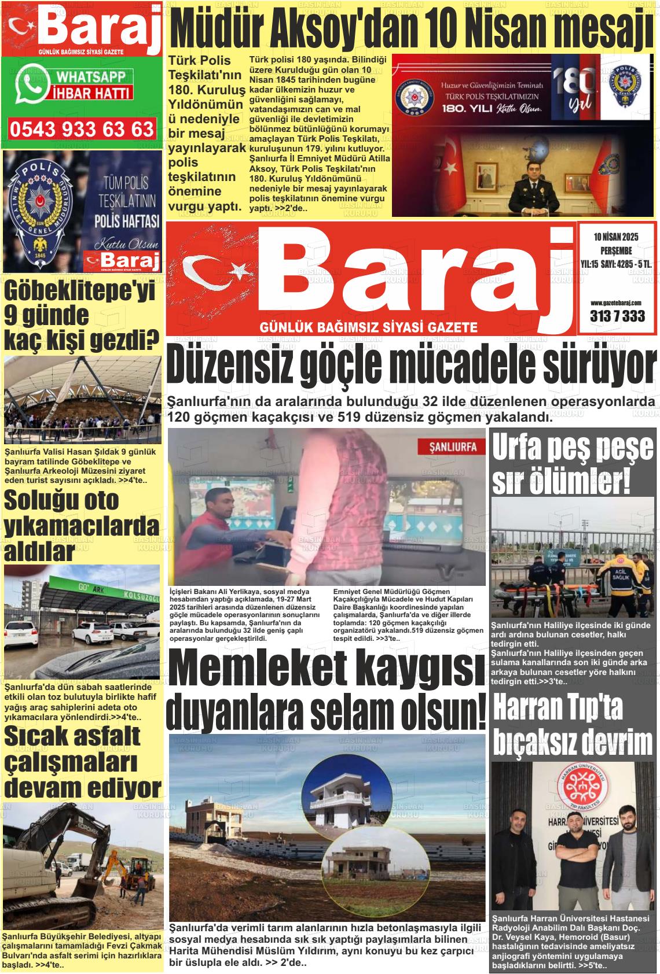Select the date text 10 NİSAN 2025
click(616, 237)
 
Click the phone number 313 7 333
click(617, 316)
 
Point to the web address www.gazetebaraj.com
click(616, 302)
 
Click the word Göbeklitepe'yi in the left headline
click(80, 293)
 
